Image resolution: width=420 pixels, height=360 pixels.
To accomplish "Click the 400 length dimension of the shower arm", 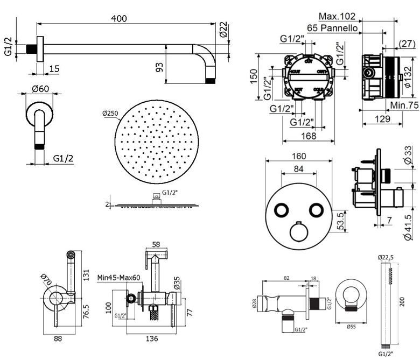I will [119, 18].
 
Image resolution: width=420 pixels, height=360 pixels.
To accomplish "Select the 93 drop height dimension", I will [159, 67].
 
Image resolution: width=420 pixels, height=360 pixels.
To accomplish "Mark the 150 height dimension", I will [253, 76].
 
